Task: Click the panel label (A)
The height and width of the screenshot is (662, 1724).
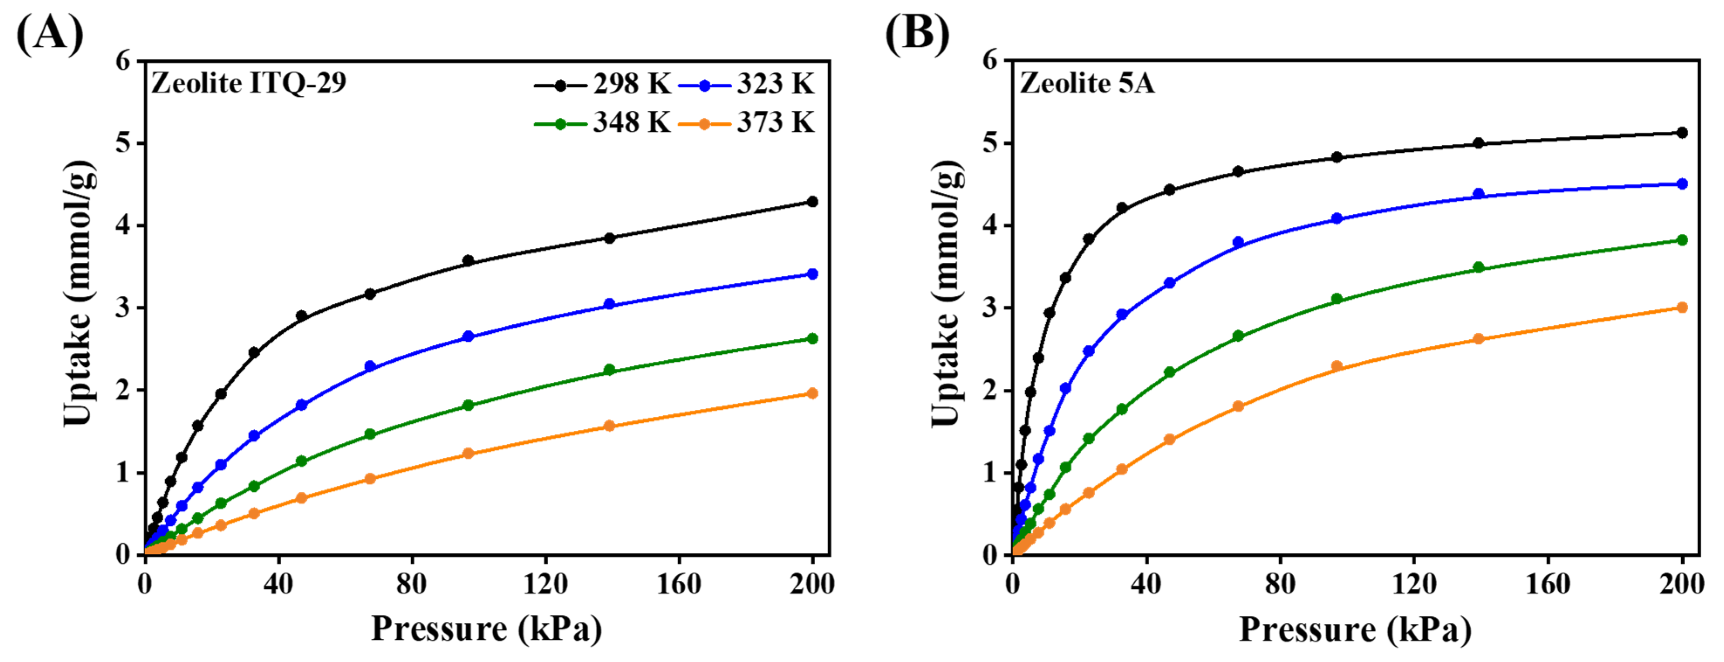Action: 50,34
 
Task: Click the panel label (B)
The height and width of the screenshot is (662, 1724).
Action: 917,34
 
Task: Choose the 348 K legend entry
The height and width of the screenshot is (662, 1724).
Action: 602,123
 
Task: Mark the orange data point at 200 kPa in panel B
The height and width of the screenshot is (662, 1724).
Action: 1682,307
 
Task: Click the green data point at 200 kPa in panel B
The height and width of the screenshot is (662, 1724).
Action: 1682,240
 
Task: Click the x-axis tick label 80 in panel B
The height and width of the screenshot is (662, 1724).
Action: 1280,584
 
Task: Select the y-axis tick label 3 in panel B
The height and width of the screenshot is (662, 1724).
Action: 990,308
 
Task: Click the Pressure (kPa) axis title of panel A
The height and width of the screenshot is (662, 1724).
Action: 487,629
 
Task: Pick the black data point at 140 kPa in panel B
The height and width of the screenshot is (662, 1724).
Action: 1479,143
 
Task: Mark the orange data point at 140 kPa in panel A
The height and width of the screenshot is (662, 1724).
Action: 609,426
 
